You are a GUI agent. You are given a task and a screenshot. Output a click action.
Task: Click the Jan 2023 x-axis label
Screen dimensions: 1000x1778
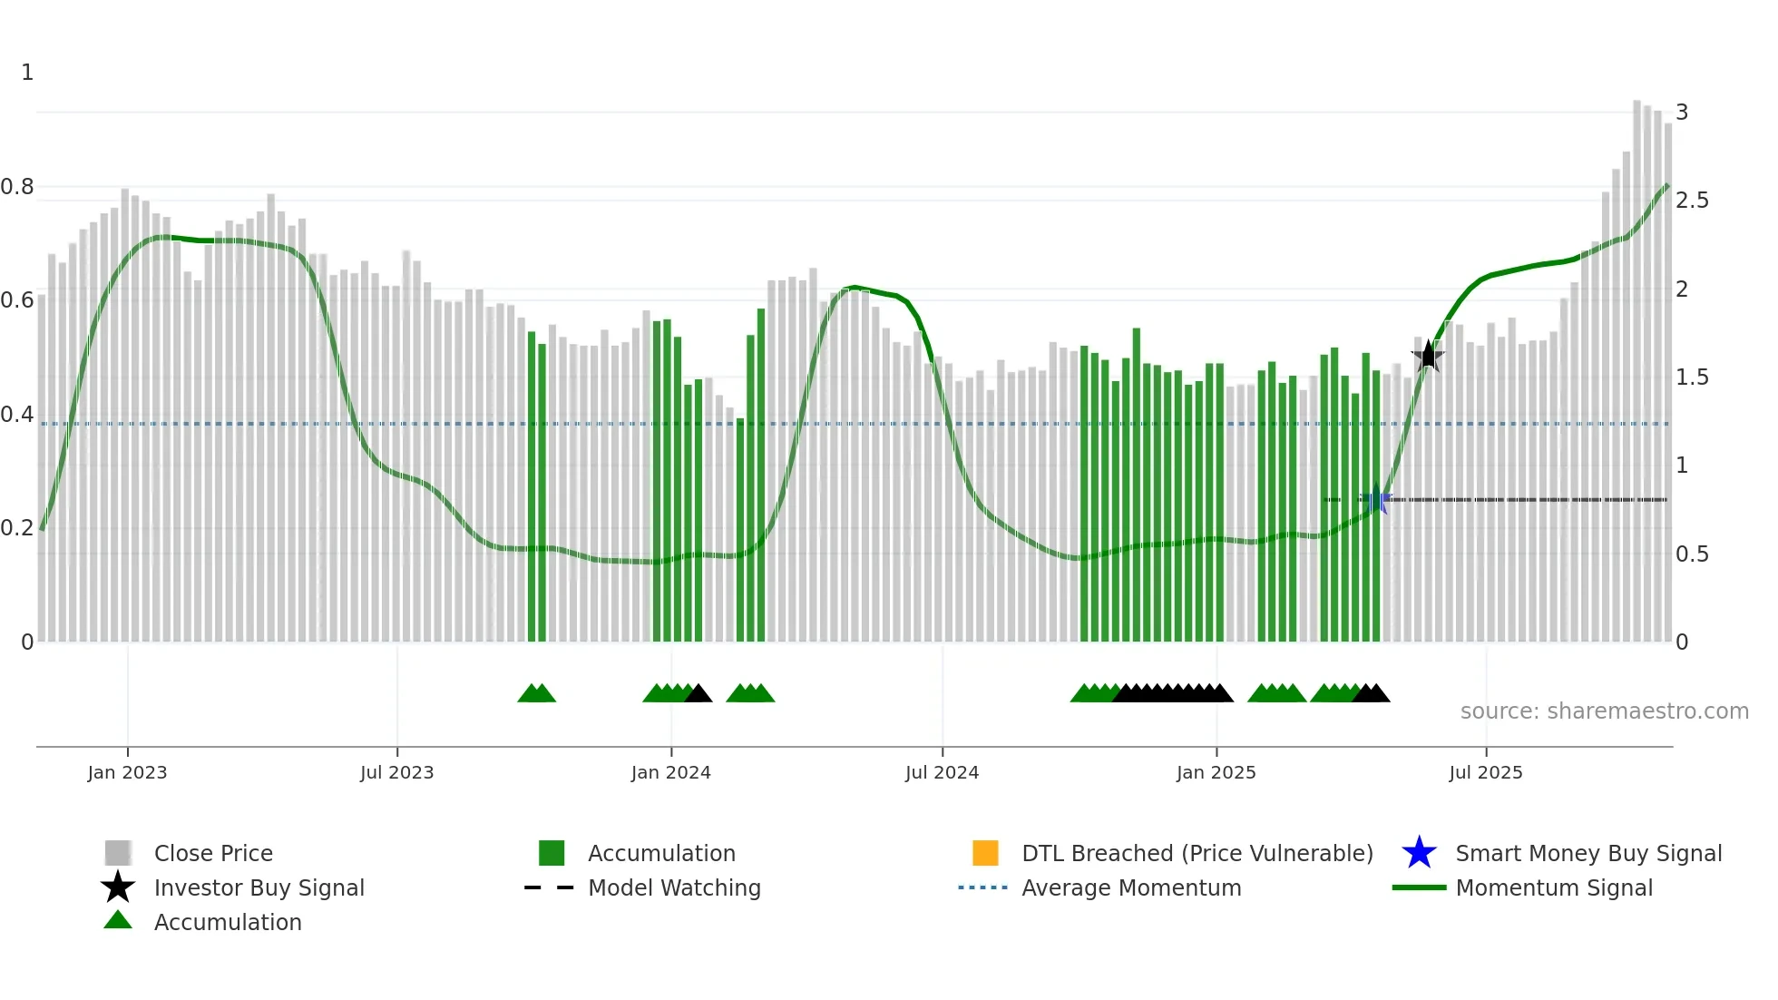(127, 772)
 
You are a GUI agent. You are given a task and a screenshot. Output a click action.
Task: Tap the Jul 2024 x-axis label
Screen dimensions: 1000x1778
(942, 772)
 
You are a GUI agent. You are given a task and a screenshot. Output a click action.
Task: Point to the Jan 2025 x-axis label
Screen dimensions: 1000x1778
(1216, 772)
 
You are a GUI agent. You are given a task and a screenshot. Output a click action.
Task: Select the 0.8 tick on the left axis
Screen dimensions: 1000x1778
(17, 187)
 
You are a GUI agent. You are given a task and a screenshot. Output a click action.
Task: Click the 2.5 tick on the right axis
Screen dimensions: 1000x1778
(1692, 201)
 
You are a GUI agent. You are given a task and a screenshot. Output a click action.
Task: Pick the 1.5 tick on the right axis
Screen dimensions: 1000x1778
(1692, 377)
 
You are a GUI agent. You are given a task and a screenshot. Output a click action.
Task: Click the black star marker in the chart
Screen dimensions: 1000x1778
(1428, 356)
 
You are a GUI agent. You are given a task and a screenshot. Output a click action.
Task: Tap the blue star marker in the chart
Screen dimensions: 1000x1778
(1376, 499)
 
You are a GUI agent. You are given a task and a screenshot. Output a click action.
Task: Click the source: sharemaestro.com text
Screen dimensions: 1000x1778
(1604, 711)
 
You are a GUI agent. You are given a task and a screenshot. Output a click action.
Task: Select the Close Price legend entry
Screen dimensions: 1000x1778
(213, 853)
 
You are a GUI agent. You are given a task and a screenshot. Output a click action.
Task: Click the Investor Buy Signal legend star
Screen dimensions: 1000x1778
(118, 887)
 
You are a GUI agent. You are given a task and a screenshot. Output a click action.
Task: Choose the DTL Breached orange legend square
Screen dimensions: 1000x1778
(985, 853)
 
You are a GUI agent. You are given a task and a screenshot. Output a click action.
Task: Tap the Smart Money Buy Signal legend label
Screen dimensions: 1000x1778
(1588, 853)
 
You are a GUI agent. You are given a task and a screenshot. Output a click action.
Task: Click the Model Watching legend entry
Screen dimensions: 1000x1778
(674, 887)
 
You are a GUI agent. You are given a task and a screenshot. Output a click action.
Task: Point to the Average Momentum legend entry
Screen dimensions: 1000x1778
(1130, 887)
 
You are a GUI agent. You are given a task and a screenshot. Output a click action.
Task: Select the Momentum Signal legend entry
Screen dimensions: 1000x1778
(1554, 887)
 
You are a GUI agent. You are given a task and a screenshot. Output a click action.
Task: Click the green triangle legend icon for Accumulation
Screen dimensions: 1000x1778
(118, 920)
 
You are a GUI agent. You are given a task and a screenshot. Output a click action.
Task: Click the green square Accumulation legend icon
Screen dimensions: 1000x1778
(552, 853)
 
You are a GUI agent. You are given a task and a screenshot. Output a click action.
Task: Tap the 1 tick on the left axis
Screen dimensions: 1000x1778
(27, 73)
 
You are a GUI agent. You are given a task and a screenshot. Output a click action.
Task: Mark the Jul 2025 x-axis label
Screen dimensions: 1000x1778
(1485, 772)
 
